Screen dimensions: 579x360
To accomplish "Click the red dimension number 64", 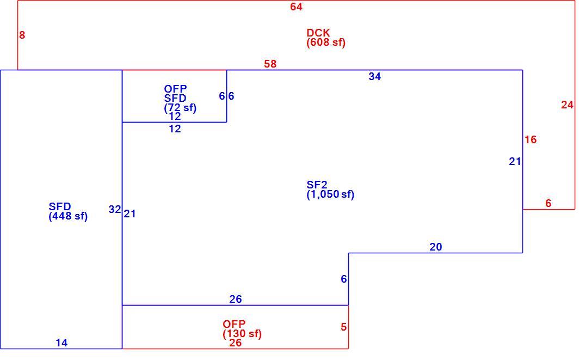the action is tap(296, 7).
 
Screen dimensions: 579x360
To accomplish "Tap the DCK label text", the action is tap(318, 33).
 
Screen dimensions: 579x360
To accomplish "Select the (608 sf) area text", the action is tap(326, 42).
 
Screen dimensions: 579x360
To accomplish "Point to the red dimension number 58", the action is tap(270, 64).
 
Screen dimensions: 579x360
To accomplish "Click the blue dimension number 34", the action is tap(375, 76).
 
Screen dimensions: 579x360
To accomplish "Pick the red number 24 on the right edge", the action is tap(567, 105).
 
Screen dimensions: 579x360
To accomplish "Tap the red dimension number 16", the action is tap(531, 140).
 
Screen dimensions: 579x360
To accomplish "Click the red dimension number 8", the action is tap(22, 35).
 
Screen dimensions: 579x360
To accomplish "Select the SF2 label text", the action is tap(317, 185).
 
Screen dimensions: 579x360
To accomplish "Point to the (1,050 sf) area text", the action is tap(330, 194).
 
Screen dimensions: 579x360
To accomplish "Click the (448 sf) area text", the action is tap(69, 216).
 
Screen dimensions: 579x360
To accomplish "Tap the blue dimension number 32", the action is tap(115, 210).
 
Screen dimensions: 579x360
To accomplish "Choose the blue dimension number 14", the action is tap(61, 343).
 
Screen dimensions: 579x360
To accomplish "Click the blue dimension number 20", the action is tap(436, 247).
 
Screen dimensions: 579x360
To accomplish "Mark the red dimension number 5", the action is tap(344, 327).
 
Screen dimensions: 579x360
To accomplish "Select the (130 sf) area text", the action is tap(242, 334).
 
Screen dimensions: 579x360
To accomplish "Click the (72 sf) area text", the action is tap(180, 108).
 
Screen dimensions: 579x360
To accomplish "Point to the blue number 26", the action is tap(236, 299).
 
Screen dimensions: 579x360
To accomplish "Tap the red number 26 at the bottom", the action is tap(236, 343).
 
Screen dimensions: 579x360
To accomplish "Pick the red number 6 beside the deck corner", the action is tap(549, 203).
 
